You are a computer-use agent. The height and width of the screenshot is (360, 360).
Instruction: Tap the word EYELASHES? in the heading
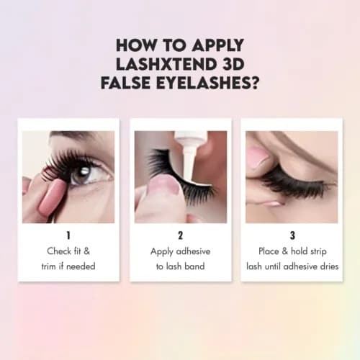(x=207, y=83)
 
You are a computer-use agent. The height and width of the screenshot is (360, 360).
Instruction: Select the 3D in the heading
(x=231, y=64)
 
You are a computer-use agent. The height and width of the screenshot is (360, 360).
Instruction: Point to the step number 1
(x=68, y=235)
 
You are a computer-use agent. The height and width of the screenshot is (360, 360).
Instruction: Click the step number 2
(x=181, y=235)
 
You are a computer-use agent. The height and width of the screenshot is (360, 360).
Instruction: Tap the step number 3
(x=292, y=235)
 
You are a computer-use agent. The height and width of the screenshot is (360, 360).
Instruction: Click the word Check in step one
(x=59, y=251)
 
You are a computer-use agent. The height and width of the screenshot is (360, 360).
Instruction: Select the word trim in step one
(x=49, y=266)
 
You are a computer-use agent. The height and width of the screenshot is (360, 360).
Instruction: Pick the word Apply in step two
(x=162, y=252)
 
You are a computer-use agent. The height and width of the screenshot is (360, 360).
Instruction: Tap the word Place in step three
(x=269, y=251)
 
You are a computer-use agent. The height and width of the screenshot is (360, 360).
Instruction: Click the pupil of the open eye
(x=83, y=173)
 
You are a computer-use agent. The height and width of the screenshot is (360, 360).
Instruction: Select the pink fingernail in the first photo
(x=51, y=197)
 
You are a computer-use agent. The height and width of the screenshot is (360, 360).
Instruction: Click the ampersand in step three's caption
(x=285, y=251)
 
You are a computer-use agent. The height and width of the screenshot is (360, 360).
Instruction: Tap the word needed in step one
(x=81, y=266)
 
